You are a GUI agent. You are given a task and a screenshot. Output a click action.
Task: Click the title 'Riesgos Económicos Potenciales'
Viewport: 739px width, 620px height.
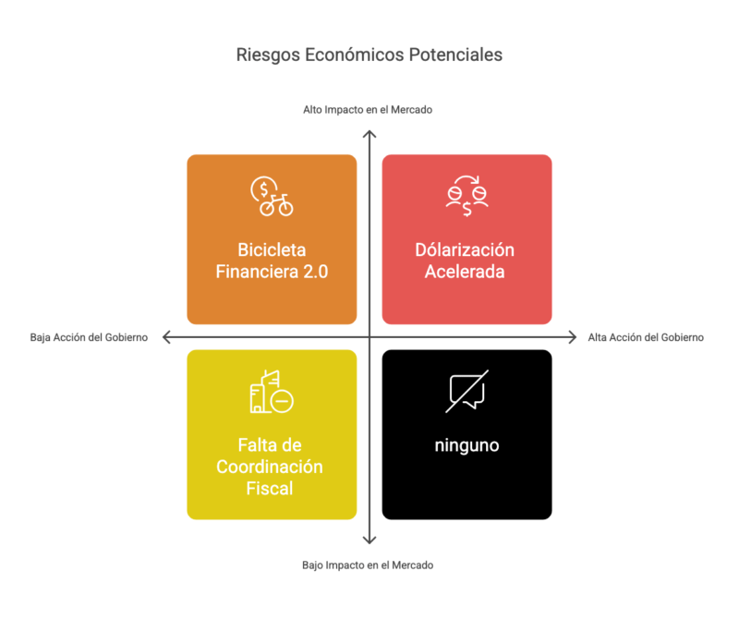369,55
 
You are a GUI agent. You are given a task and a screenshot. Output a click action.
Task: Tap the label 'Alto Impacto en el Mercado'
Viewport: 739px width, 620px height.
368,110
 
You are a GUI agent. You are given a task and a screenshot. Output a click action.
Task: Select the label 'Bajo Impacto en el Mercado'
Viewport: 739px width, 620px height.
368,565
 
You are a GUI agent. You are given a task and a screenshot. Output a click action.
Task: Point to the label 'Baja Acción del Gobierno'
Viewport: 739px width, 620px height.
89,337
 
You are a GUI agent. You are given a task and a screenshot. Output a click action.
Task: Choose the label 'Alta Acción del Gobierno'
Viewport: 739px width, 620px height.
646,337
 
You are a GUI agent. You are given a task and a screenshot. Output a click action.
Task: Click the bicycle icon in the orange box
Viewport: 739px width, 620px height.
272,196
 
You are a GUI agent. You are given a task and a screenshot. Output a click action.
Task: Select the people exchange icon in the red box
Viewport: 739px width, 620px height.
467,196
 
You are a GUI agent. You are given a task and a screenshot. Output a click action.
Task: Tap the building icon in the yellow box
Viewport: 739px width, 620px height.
272,392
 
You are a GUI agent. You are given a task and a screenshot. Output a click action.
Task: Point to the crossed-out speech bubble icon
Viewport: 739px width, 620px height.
467,392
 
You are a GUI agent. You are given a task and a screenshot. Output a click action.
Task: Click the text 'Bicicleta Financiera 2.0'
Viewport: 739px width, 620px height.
272,261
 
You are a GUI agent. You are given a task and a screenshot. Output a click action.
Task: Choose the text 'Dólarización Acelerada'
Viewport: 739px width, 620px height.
465,261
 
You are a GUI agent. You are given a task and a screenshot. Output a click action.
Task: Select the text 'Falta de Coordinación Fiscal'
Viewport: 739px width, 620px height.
270,467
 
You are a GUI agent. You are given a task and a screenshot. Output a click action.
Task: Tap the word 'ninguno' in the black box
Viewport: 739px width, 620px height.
467,445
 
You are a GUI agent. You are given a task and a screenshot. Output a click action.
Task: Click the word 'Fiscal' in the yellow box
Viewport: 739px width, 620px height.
270,489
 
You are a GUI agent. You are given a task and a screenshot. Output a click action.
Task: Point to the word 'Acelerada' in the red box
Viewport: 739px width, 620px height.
465,272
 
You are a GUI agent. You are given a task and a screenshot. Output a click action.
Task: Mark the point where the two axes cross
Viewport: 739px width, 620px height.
369,337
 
